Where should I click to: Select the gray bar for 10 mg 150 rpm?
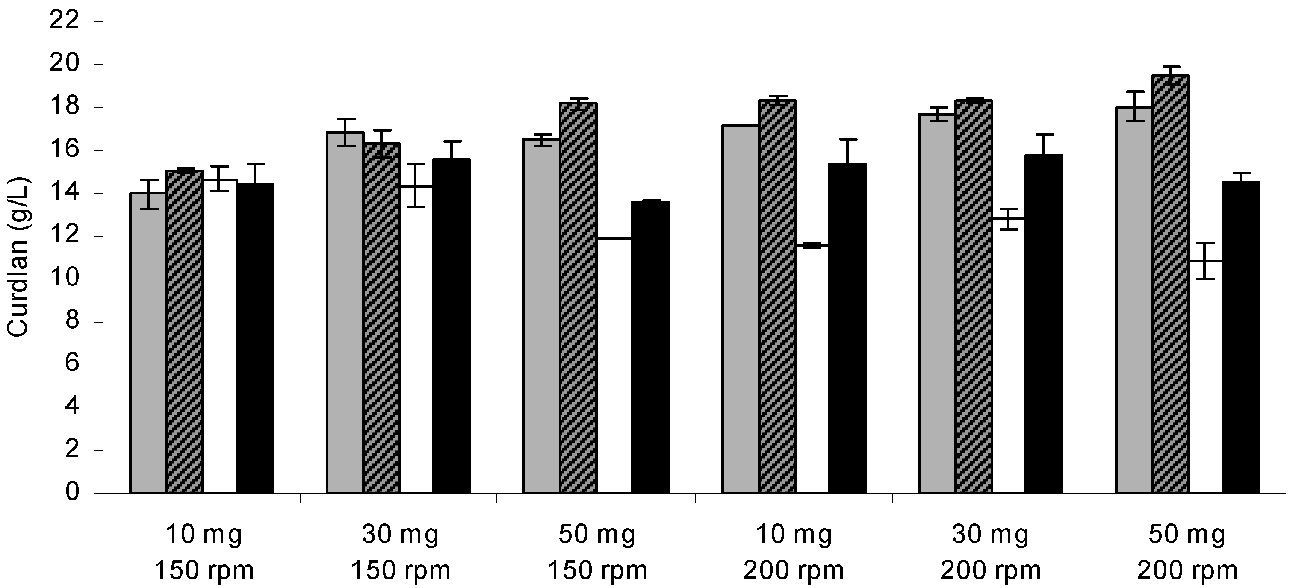click(148, 345)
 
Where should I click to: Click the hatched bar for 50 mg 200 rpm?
click(1170, 285)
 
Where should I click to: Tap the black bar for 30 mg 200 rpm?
click(1044, 325)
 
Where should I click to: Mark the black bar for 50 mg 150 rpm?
click(650, 348)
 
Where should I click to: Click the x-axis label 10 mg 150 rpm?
click(204, 552)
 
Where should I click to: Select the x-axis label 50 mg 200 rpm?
click(1187, 552)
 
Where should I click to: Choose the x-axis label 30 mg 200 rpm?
click(990, 552)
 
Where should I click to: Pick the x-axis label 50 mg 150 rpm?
click(597, 552)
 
